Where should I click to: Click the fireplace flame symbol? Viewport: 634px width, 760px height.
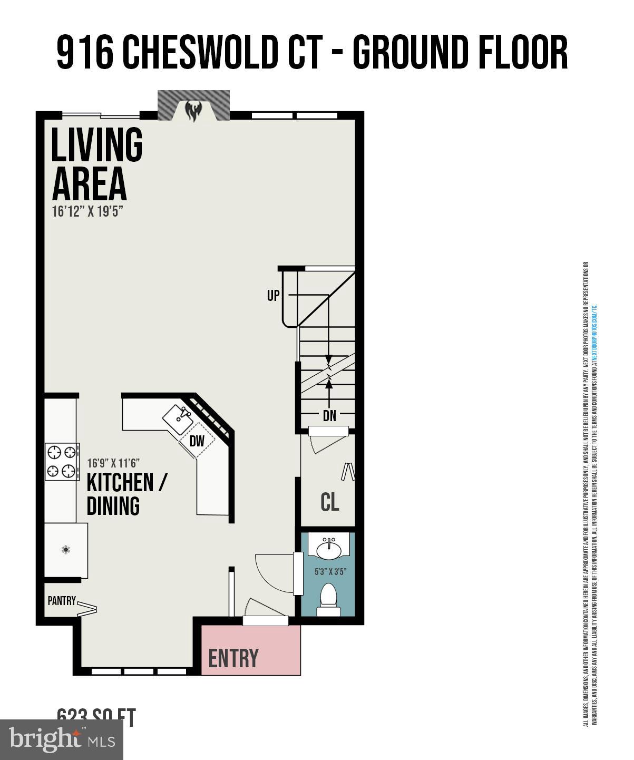pos(193,111)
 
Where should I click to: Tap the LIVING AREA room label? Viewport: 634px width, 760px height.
pos(96,164)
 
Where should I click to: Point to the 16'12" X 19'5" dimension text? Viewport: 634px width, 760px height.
pos(87,211)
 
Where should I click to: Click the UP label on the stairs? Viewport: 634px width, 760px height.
pos(273,296)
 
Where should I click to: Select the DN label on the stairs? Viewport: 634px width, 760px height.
pos(329,416)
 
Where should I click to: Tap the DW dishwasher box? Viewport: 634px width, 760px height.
pos(197,441)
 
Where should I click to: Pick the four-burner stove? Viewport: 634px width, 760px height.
pos(62,461)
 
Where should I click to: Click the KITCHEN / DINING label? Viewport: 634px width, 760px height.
pos(126,494)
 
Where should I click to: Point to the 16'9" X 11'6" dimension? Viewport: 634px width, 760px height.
pos(113,463)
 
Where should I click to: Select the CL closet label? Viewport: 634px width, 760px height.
pos(330,502)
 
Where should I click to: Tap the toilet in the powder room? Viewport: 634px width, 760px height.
pos(329,599)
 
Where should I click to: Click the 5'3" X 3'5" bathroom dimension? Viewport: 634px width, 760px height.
pos(330,571)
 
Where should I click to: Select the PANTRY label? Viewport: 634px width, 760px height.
pos(62,601)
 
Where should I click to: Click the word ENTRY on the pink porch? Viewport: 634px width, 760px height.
pos(233,658)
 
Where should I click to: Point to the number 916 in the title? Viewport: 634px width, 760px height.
pos(85,53)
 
